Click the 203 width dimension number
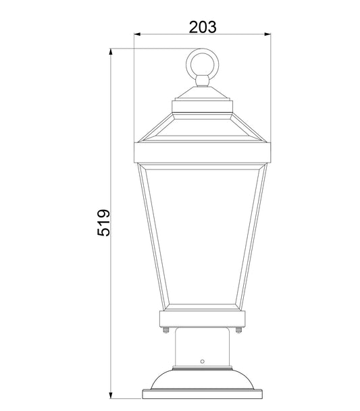coord(202,27)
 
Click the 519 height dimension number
coord(103,222)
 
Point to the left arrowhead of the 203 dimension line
coord(137,34)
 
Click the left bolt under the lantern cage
coord(165,330)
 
